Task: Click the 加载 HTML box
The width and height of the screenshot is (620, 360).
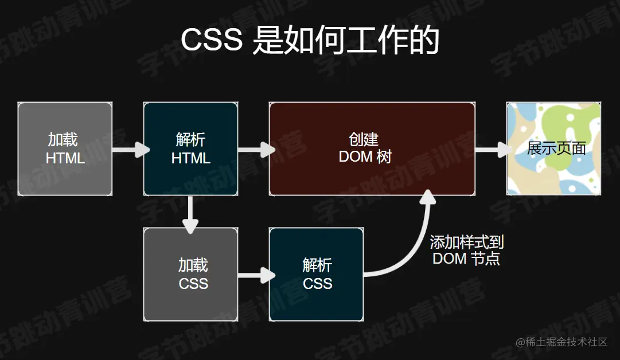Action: tap(65, 148)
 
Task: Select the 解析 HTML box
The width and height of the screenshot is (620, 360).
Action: tap(190, 148)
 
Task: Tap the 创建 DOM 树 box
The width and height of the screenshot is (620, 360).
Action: tap(372, 148)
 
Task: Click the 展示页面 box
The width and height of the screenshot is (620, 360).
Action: tap(553, 148)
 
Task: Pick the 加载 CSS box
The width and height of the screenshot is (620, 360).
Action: tap(190, 274)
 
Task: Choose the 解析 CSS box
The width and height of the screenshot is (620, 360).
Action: tap(316, 274)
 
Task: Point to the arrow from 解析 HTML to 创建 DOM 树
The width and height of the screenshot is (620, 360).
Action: tap(255, 150)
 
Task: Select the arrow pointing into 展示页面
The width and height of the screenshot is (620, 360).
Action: tap(492, 150)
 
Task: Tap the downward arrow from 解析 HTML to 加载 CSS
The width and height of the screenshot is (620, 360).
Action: tap(190, 213)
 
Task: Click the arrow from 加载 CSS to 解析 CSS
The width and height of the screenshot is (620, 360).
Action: tap(255, 275)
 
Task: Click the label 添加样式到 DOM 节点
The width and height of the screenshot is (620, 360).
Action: tap(466, 250)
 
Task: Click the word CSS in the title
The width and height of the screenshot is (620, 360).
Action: tap(212, 41)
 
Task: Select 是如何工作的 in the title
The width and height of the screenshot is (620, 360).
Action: tap(346, 41)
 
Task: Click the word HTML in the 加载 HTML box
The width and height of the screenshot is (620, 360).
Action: tap(65, 158)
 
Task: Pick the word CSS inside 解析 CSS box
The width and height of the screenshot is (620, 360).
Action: tap(317, 284)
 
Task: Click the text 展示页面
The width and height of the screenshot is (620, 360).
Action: tap(556, 148)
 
